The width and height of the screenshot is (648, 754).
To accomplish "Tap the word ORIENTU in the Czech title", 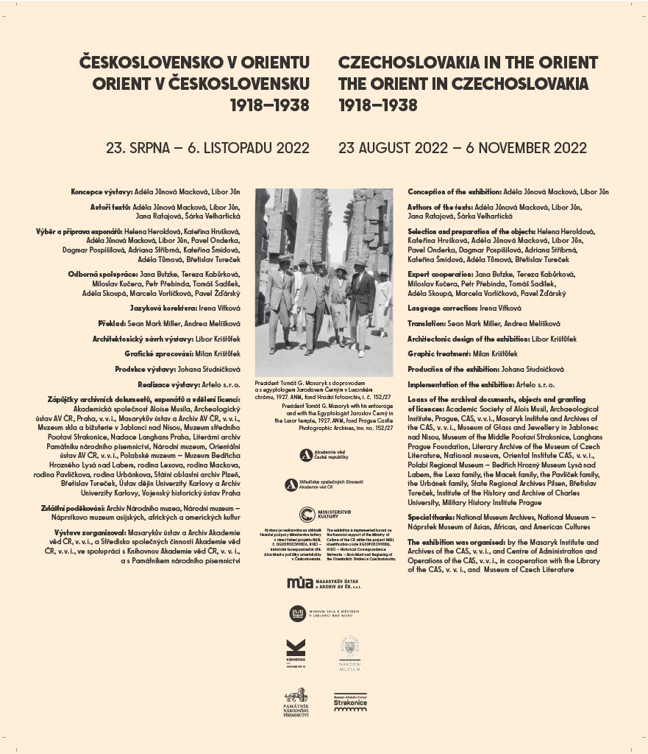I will point(271,63).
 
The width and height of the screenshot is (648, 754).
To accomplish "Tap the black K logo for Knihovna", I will point(295,649).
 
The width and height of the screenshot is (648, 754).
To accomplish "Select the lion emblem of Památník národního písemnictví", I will point(296,695).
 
